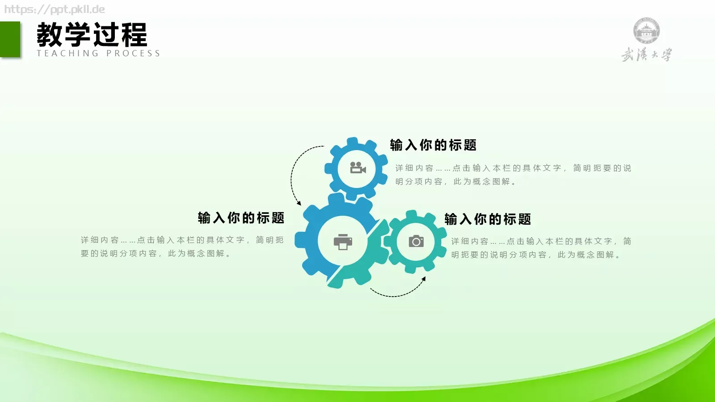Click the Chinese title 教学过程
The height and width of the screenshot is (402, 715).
point(92,35)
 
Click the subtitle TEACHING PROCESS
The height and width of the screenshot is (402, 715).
point(98,54)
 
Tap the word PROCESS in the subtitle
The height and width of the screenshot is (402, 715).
point(133,54)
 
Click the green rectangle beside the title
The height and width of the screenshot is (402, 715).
point(10,39)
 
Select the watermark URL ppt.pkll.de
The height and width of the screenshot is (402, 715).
point(55,9)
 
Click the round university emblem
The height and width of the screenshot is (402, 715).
point(646,31)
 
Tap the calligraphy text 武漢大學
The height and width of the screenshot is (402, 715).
point(646,55)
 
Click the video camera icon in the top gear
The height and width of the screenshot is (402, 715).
point(357,168)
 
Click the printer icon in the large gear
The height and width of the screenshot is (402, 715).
point(343,242)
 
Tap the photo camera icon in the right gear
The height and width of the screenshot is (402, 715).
point(416,241)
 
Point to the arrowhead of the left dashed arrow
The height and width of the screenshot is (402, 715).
point(299,203)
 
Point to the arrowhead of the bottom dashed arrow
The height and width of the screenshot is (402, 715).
point(424,279)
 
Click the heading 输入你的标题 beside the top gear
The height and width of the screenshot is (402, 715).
point(433,145)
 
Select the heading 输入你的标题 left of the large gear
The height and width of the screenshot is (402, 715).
point(241,218)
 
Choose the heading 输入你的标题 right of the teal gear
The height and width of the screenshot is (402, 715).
point(488,219)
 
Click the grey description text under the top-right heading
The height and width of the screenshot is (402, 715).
point(513,175)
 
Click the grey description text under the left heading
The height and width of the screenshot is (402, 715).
point(182,247)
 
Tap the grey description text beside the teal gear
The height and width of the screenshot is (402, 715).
point(541,248)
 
